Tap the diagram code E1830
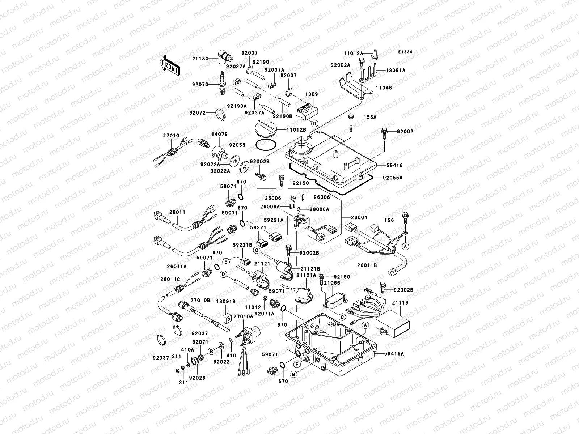click(x=405, y=52)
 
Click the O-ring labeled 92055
click(x=267, y=145)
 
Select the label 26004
click(x=359, y=217)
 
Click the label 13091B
click(x=226, y=301)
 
